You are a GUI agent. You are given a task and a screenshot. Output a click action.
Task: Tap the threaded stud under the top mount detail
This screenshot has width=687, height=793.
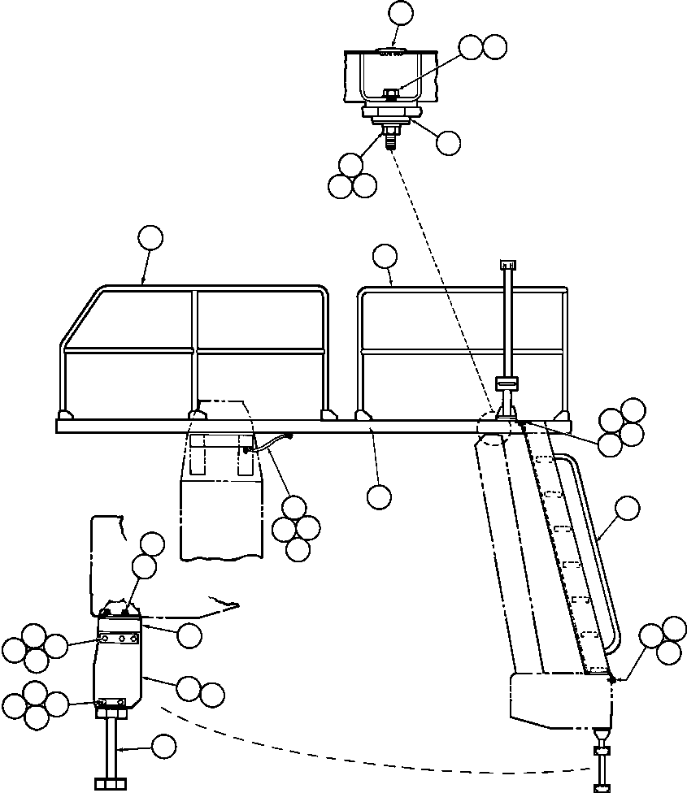pyautogui.click(x=389, y=141)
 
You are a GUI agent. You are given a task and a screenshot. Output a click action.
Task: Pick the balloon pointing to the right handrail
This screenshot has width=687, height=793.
pyautogui.click(x=385, y=256)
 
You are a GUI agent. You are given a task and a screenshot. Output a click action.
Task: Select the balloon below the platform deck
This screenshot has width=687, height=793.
pyautogui.click(x=378, y=496)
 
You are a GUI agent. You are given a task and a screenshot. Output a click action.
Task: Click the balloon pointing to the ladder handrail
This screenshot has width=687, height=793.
pyautogui.click(x=627, y=509)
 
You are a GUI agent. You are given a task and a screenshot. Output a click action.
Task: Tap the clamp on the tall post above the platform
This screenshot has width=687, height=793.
pyautogui.click(x=507, y=383)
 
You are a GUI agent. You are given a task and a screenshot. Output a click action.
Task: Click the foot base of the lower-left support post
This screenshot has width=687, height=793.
pyautogui.click(x=111, y=783)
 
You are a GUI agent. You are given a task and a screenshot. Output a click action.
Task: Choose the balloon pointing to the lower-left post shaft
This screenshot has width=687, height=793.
pyautogui.click(x=164, y=746)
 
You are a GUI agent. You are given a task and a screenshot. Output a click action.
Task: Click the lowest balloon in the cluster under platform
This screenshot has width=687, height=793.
pyautogui.click(x=298, y=550)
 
